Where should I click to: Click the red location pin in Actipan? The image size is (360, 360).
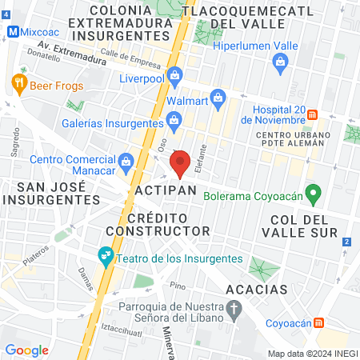point(180,164)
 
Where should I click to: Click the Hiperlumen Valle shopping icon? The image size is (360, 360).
point(279,66)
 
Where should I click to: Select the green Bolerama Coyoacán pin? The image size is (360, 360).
point(314,193)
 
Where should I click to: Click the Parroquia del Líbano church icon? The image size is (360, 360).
point(234,307)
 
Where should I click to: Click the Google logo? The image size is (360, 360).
point(26,350)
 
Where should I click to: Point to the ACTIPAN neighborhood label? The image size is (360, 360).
point(166,192)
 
